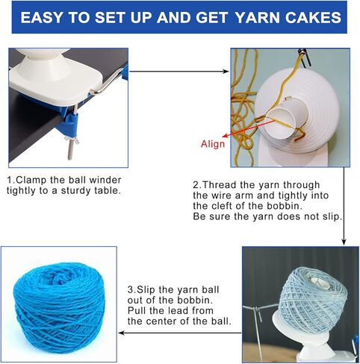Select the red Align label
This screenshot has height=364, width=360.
(213, 144)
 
